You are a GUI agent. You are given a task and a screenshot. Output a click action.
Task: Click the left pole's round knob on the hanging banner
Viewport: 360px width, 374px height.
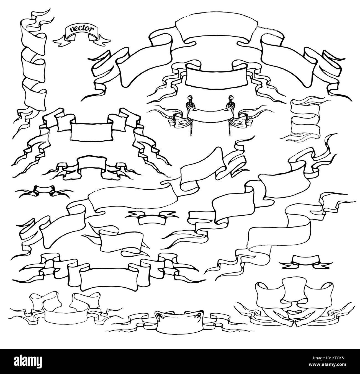click(x=190, y=97)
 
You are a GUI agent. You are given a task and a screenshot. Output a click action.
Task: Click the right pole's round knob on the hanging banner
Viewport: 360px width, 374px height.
click(x=230, y=97)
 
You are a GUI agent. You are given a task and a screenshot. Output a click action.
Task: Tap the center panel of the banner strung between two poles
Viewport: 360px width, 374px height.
click(x=210, y=114)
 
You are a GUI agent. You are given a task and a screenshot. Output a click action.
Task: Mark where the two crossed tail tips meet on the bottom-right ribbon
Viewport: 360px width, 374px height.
click(x=294, y=323)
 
